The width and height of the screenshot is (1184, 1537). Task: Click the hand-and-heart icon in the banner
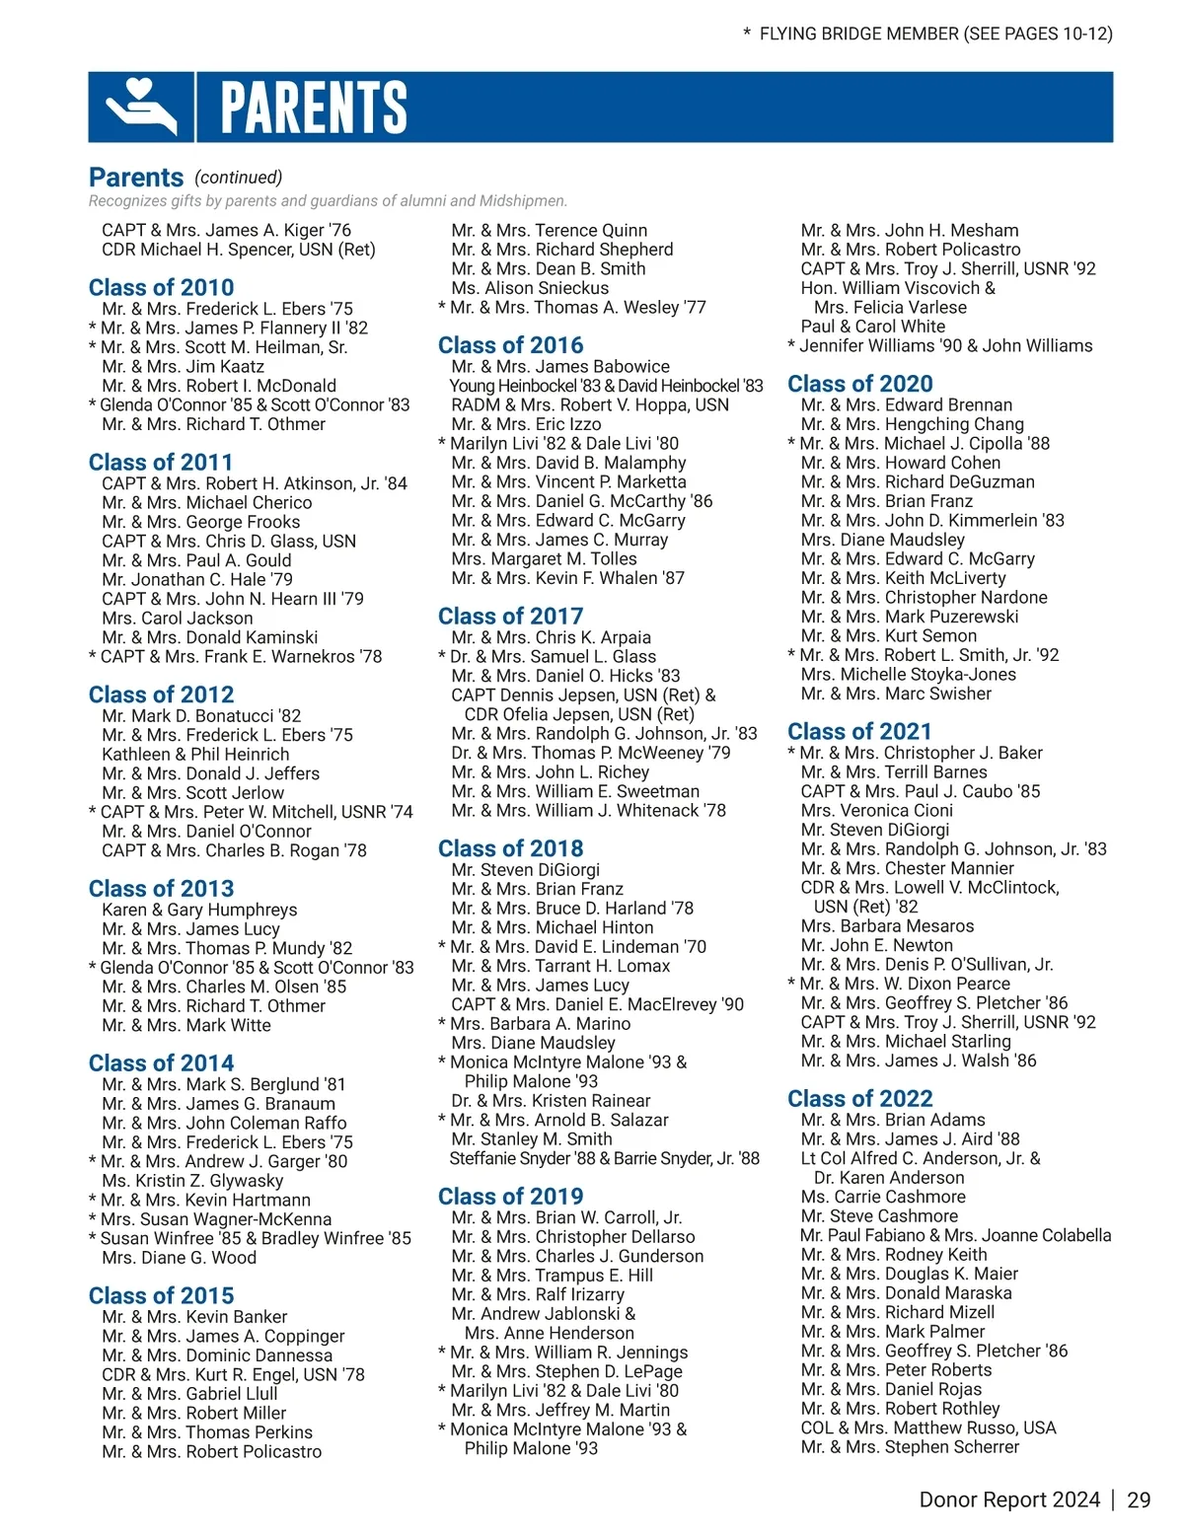pos(141,107)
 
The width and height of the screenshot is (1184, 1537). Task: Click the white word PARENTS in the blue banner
pos(314,107)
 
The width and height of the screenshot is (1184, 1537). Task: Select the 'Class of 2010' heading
pos(161,288)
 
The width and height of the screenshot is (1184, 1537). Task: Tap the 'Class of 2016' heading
pos(510,345)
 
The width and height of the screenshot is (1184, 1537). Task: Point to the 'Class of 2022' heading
pos(859,1099)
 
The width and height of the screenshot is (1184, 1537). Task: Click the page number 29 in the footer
pos(1139,1500)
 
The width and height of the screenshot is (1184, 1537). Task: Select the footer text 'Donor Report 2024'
pos(1008,1500)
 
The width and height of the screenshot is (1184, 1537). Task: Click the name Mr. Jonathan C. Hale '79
pos(197,579)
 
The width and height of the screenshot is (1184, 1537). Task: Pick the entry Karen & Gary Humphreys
pos(199,910)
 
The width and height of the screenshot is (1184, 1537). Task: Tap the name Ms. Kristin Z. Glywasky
pos(192,1181)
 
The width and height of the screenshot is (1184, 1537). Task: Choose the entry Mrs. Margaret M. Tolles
pos(544,558)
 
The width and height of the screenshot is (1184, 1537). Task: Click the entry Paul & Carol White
pos(872,327)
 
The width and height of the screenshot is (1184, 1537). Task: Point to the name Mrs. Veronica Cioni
pos(877,810)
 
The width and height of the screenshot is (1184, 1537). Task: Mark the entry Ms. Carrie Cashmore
pos(883,1197)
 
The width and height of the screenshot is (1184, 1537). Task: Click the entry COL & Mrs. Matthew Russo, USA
pos(928,1427)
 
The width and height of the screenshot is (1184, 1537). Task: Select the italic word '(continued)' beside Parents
pos(238,177)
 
